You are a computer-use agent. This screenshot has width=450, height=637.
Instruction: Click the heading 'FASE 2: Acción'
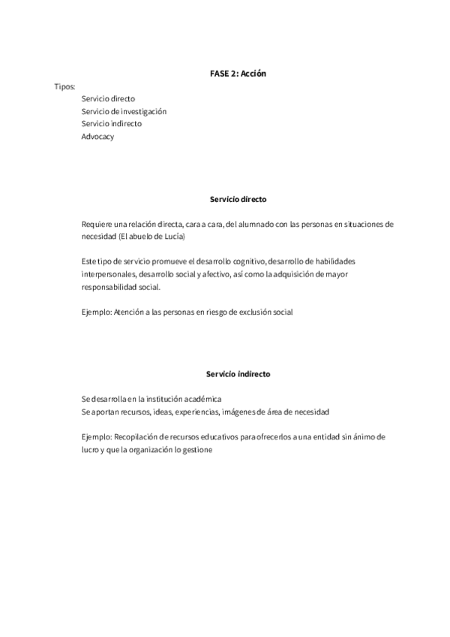click(238, 74)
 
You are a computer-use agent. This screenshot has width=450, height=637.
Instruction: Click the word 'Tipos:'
click(65, 86)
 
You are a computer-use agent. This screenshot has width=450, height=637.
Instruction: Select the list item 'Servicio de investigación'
click(124, 111)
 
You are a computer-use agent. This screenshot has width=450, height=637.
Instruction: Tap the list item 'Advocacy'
click(97, 136)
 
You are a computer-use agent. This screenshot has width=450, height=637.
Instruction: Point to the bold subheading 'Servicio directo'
click(238, 200)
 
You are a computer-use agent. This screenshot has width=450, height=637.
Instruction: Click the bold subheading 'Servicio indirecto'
click(238, 373)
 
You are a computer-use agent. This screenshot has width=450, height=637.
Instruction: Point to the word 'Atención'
click(129, 311)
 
